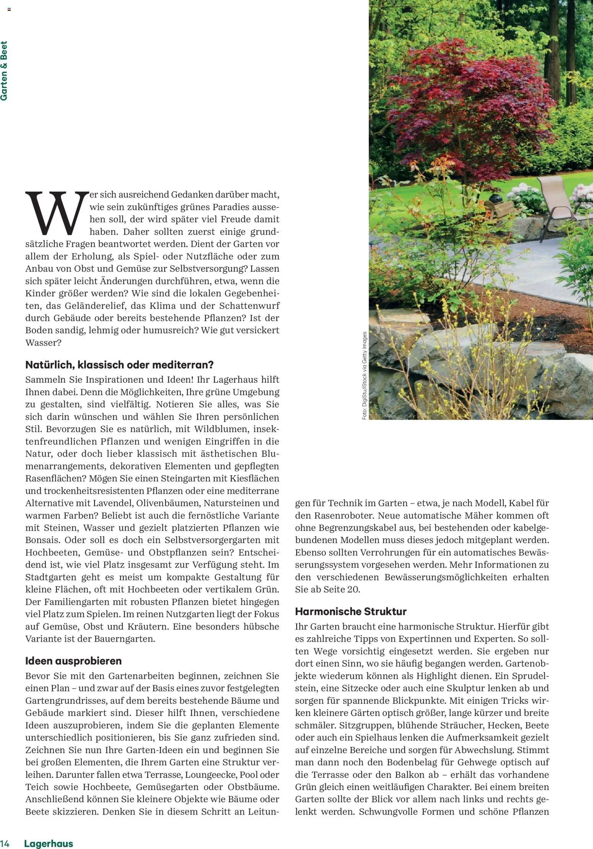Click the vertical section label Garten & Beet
click(4, 71)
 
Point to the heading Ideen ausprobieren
click(73, 661)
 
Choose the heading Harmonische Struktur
click(350, 611)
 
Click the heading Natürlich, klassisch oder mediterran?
click(119, 365)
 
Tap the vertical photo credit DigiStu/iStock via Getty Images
click(364, 376)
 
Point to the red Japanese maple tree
click(471, 100)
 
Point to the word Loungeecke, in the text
click(211, 774)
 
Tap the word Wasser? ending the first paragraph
click(43, 343)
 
